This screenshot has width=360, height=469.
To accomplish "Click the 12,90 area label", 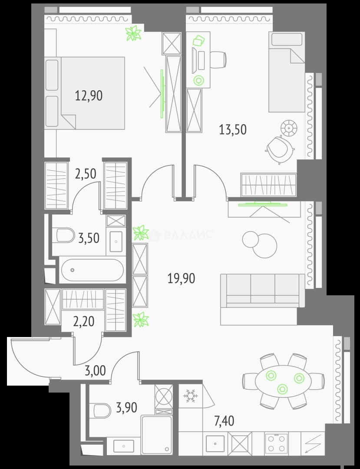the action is (x=89, y=96).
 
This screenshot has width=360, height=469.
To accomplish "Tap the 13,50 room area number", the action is (x=233, y=130).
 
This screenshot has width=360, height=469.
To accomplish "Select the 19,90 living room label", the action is (x=181, y=278).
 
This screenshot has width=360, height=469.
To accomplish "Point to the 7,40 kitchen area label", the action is (x=224, y=421).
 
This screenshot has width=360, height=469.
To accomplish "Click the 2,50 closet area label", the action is (x=86, y=174).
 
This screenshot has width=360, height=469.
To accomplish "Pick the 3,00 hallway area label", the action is (x=96, y=370).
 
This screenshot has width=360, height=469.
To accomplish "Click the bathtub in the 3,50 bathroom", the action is (x=92, y=270).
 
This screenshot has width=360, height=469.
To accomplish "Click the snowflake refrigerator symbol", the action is (x=189, y=396).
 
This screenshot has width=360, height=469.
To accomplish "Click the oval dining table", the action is (x=283, y=381).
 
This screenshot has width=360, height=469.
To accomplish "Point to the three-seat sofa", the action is (x=262, y=291).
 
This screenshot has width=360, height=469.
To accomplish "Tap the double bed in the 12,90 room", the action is (x=85, y=93).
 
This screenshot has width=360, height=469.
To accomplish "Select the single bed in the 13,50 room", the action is (x=287, y=72).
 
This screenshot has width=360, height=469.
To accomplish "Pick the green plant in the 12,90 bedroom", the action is (x=133, y=33).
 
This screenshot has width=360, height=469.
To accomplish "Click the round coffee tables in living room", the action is (x=260, y=244).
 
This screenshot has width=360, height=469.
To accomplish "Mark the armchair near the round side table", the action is (x=280, y=149).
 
